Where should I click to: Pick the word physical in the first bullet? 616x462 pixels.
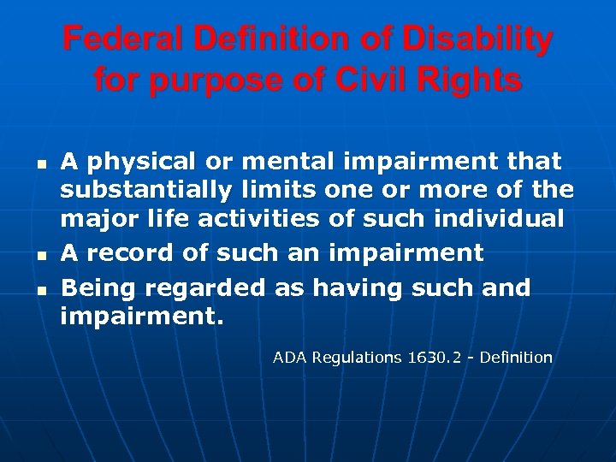point(140,161)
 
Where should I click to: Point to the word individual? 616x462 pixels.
point(498,219)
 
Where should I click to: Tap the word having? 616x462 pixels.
point(358,287)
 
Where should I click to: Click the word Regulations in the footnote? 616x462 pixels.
point(357,358)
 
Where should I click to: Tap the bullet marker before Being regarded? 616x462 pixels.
point(40,290)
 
